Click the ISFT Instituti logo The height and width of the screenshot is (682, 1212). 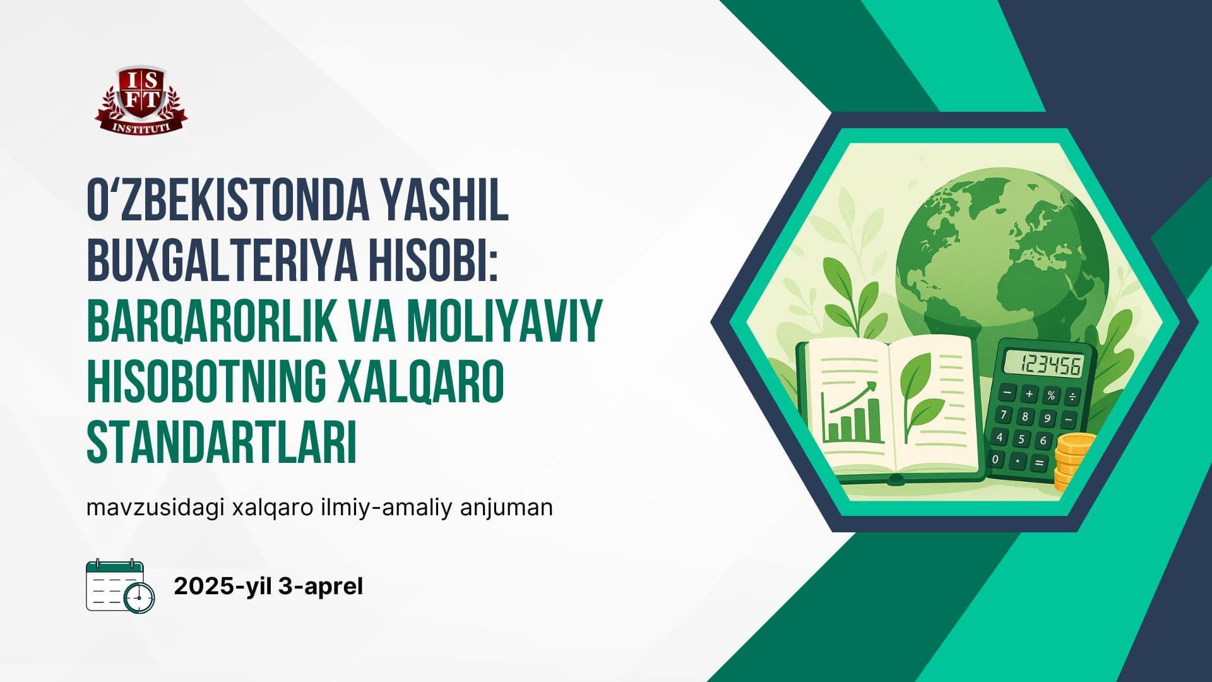(141, 100)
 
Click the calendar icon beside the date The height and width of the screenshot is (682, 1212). (120, 585)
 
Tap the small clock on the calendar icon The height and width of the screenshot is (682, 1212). (140, 597)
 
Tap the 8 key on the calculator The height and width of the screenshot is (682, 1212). (1025, 417)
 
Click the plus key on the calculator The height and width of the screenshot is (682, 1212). (1030, 394)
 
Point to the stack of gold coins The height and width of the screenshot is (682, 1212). (1072, 462)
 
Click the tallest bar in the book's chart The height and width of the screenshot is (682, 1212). (874, 420)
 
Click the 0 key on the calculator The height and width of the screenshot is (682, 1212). (996, 459)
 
